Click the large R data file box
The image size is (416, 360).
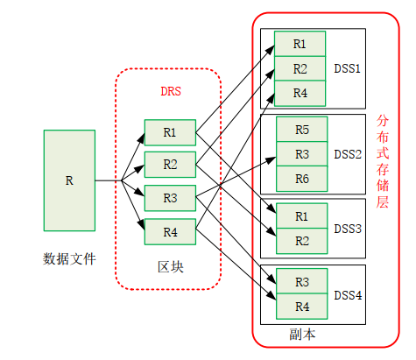69,180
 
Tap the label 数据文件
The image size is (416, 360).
69,258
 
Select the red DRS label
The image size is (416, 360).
170,90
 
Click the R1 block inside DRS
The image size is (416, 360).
170,133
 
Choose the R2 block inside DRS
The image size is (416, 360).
170,165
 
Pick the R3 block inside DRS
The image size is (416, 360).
170,198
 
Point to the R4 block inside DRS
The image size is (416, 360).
170,232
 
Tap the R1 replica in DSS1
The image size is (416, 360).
300,44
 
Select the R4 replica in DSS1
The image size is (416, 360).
300,92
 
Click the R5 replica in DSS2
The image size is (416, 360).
302,130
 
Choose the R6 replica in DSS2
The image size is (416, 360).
302,178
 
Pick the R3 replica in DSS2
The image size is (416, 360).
302,154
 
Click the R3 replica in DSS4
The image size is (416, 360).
302,282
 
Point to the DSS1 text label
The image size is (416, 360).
347,67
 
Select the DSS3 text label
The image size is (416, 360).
347,228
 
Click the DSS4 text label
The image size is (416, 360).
347,294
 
